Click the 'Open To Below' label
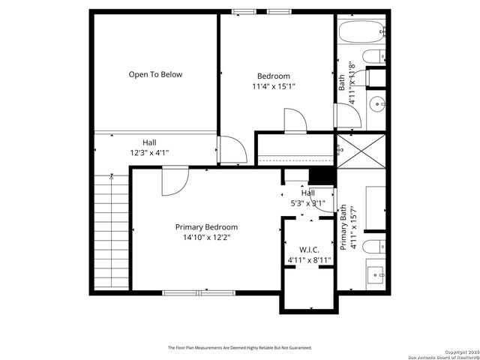point(155,74)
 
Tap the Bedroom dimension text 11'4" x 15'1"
point(273,86)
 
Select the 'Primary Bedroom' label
point(206,227)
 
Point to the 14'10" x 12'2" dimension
point(206,238)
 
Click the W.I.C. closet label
point(309,250)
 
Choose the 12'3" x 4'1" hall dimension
point(150,153)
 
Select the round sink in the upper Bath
point(378,103)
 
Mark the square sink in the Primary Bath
point(376,274)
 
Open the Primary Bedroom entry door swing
point(175,180)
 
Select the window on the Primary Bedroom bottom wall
point(187,292)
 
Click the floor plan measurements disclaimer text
point(240,348)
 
